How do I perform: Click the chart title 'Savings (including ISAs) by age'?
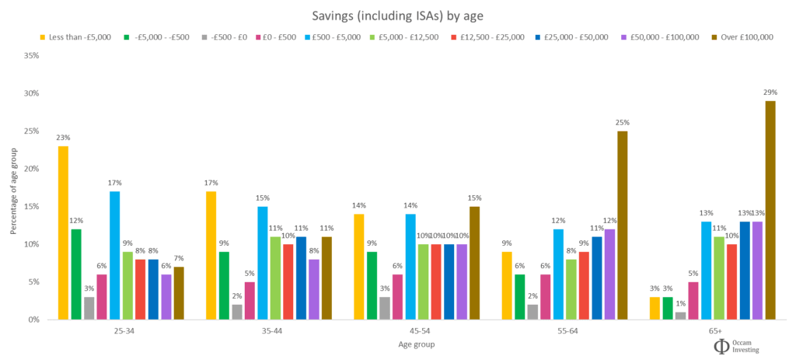pyautogui.click(x=397, y=14)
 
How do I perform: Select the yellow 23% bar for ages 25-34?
pyautogui.click(x=63, y=232)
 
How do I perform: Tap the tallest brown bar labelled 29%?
pyautogui.click(x=770, y=210)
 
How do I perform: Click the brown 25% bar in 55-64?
pyautogui.click(x=622, y=225)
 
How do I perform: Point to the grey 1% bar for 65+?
pyautogui.click(x=680, y=316)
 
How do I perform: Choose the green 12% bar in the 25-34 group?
pyautogui.click(x=76, y=274)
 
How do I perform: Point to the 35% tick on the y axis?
pyautogui.click(x=33, y=56)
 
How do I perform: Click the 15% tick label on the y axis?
pyautogui.click(x=33, y=207)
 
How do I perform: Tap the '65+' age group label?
pyautogui.click(x=714, y=330)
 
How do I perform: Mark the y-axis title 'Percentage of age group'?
pyautogui.click(x=12, y=187)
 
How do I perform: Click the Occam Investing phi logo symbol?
pyautogui.click(x=722, y=345)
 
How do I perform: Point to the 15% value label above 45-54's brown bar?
pyautogui.click(x=474, y=197)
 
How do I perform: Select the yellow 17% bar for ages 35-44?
pyautogui.click(x=211, y=255)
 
